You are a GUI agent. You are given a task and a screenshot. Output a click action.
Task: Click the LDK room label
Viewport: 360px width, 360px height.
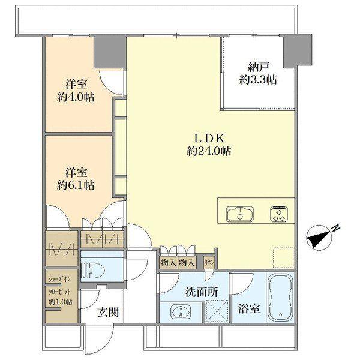(209, 138)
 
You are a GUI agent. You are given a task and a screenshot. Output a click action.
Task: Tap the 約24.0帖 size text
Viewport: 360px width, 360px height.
(209, 151)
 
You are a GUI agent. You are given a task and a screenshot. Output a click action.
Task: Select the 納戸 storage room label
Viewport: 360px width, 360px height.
(258, 67)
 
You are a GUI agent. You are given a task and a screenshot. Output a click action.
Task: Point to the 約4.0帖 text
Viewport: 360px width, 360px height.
(76, 97)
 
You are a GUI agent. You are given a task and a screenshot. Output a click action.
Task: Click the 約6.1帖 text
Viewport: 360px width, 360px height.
(76, 185)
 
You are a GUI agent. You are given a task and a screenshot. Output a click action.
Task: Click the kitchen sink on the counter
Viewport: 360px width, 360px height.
(240, 214)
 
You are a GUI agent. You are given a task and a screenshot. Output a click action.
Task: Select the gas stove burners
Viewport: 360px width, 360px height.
(279, 214)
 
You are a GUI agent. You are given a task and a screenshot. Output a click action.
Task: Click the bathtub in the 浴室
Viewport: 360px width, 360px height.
(280, 298)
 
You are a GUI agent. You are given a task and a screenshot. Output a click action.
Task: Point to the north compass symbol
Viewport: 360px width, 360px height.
(319, 238)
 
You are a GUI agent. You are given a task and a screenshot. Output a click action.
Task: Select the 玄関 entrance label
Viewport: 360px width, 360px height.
(109, 313)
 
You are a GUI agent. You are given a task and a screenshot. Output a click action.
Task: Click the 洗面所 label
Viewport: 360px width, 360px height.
(202, 292)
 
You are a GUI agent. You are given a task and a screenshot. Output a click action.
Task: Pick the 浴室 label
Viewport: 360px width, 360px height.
(249, 309)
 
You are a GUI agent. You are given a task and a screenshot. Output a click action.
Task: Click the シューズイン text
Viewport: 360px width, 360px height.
(59, 280)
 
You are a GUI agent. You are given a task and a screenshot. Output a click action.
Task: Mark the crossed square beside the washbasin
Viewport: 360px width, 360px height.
(217, 311)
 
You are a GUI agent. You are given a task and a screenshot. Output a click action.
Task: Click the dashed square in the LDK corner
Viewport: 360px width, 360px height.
(283, 258)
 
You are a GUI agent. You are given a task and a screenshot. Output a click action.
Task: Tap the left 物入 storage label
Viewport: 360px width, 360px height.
(169, 263)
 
